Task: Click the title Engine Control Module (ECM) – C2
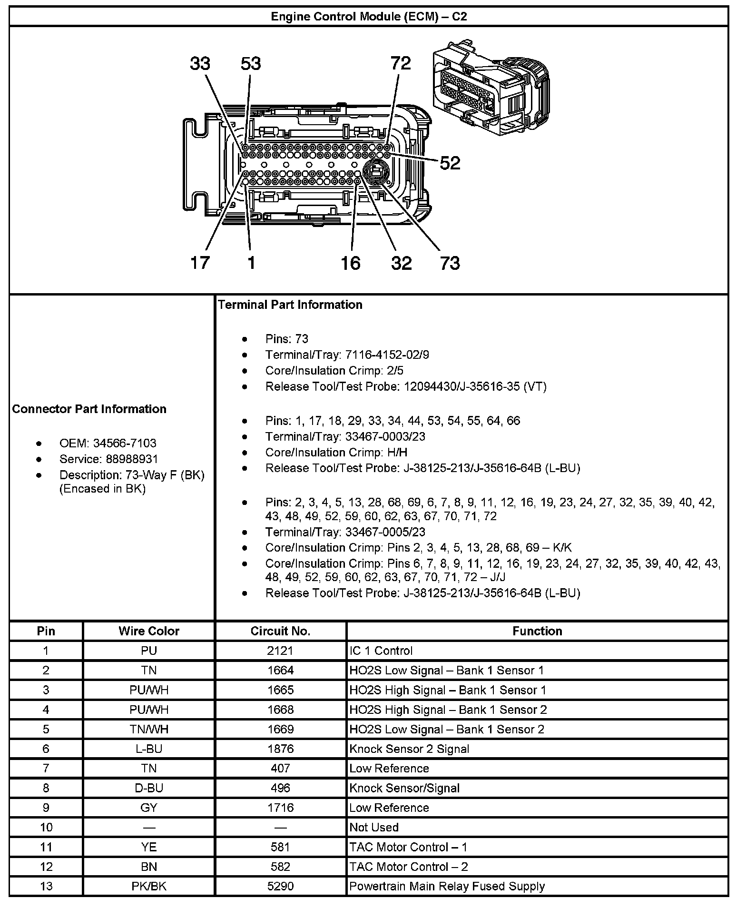click(369, 17)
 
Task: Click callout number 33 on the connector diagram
click(200, 63)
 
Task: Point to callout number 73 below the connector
click(450, 263)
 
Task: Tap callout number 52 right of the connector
click(450, 163)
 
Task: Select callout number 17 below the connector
click(200, 262)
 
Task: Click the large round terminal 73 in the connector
click(376, 172)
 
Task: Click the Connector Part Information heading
click(89, 409)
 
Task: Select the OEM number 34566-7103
click(125, 443)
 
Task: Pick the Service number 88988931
click(126, 459)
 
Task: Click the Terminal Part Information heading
click(290, 305)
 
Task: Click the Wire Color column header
click(149, 631)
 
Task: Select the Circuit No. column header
click(280, 631)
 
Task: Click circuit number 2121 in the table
click(280, 651)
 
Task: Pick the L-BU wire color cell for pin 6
click(149, 749)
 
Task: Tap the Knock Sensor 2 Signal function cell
click(409, 749)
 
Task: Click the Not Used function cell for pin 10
click(374, 827)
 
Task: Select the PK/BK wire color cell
click(149, 886)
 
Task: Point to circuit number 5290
click(280, 886)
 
